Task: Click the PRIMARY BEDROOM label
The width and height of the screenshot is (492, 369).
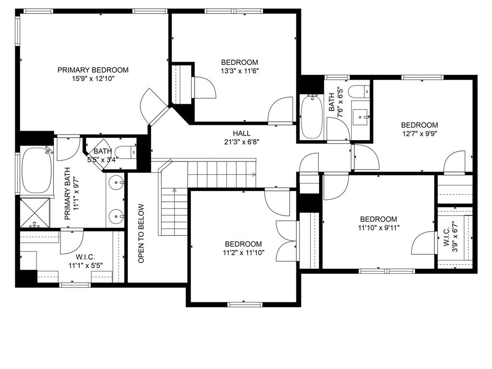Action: point(93,70)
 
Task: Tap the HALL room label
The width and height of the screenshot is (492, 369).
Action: point(242,134)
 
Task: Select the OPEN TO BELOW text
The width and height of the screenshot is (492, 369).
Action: point(141,234)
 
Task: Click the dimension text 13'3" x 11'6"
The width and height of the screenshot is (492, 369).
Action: point(240,71)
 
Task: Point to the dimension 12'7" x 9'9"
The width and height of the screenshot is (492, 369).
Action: point(419,134)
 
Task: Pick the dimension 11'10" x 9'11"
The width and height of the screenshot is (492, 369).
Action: point(379,228)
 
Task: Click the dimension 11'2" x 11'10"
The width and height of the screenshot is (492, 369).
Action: point(244,252)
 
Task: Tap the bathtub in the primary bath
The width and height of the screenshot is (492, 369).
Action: point(37,171)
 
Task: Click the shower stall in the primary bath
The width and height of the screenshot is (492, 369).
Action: point(35,212)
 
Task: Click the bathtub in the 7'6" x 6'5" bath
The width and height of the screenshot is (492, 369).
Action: point(312,116)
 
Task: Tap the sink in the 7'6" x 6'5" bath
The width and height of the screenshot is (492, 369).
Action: point(360,117)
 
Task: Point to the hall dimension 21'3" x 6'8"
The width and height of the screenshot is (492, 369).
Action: point(242,142)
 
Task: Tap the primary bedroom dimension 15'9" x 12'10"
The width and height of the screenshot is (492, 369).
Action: point(93,78)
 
